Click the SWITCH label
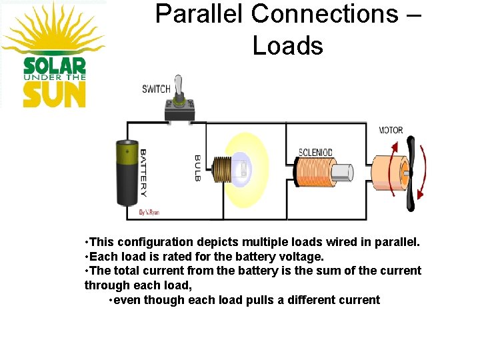click(156, 89)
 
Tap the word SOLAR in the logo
click(55, 65)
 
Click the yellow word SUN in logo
click(55, 94)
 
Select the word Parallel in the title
click(199, 13)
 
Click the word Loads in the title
click(287, 45)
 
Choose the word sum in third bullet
click(315, 271)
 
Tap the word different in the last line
click(315, 300)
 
